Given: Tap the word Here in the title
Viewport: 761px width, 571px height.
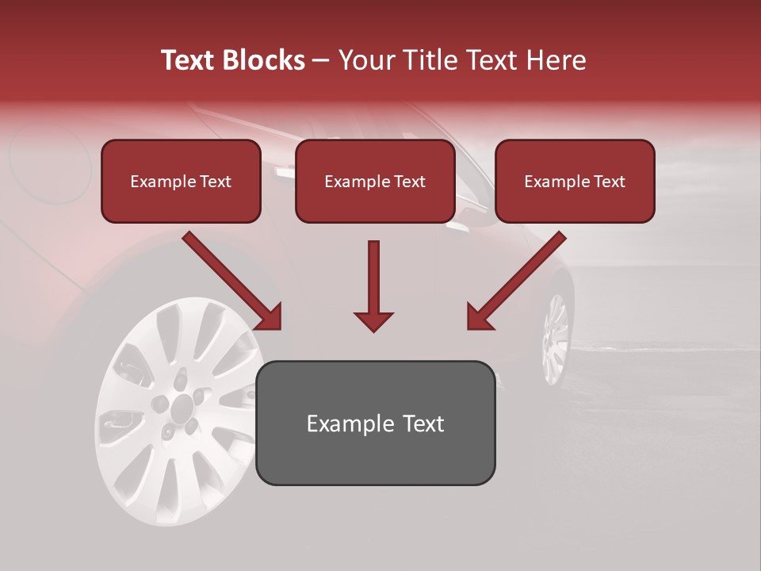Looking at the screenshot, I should (x=555, y=60).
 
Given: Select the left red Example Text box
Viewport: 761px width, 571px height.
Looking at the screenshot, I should (x=181, y=182).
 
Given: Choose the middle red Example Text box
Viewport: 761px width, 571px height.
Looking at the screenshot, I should (x=375, y=182).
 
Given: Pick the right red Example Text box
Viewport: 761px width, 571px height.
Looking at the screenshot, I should (x=575, y=182).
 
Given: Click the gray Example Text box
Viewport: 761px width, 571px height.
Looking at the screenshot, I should (x=375, y=423).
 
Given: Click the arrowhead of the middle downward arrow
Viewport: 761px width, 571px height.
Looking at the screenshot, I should (x=373, y=320).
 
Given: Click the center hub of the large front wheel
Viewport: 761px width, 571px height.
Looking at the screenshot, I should (x=182, y=408).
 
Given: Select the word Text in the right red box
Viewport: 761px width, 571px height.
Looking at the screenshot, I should (x=609, y=182).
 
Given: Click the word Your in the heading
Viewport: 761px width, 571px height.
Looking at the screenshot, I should (x=365, y=60).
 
